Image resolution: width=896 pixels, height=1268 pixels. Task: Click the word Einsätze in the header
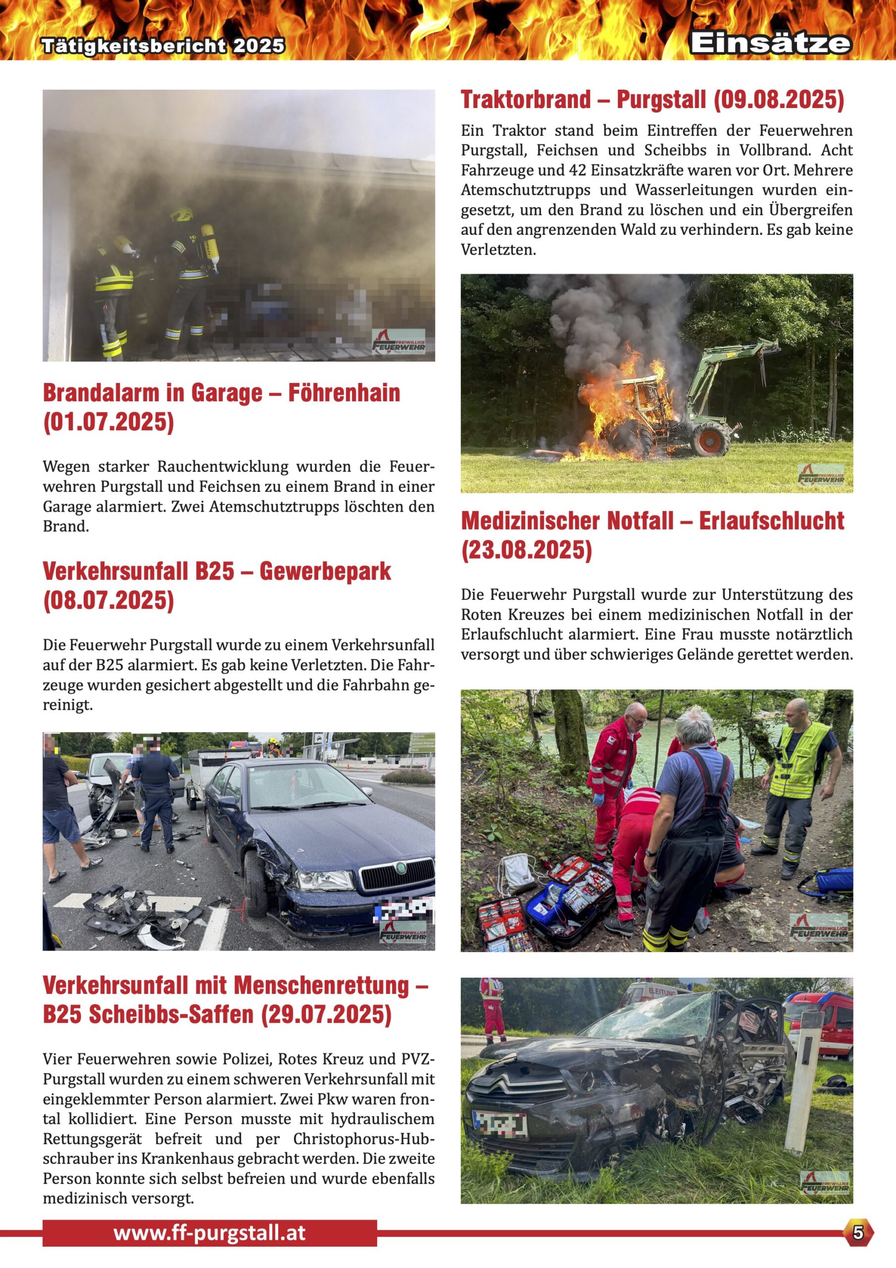(x=770, y=43)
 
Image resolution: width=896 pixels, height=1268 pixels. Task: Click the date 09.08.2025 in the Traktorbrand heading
(x=778, y=100)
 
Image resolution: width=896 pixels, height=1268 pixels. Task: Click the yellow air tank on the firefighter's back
(x=209, y=243)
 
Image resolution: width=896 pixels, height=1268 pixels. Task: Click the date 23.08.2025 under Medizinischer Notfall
(x=526, y=550)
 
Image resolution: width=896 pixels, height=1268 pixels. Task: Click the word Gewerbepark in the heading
(x=325, y=572)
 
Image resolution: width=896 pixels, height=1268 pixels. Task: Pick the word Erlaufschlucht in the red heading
(x=771, y=522)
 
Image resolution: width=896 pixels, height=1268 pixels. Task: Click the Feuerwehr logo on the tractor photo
(x=821, y=475)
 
